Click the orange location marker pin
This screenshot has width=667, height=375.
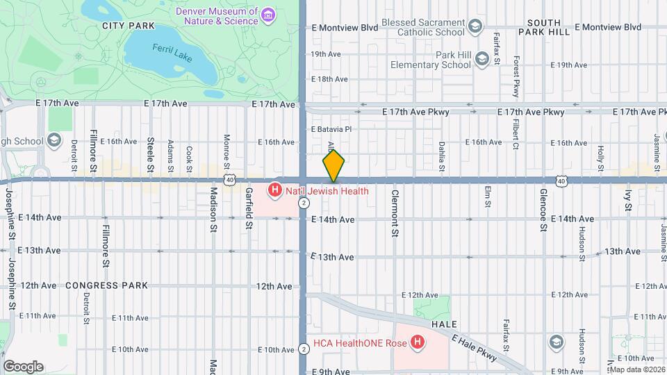click(x=333, y=165)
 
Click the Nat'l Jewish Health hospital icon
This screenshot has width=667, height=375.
click(x=276, y=190)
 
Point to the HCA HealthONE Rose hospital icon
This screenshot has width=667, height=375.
click(x=417, y=342)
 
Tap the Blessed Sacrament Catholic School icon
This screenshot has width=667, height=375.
click(x=475, y=26)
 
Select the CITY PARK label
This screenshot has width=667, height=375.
click(x=128, y=26)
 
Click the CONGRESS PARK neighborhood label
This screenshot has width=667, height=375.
click(x=106, y=285)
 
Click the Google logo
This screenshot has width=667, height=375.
click(x=23, y=367)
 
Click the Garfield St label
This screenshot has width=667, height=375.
click(x=248, y=208)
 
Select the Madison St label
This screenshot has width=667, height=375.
click(x=214, y=205)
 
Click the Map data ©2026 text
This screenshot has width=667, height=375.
click(x=637, y=369)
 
